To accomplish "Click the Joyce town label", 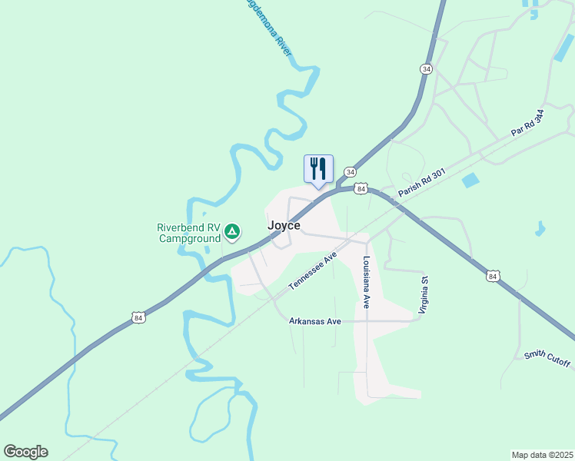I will tap(284, 226).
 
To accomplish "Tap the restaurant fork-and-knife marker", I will tap(318, 168).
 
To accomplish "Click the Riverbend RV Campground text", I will tap(188, 233).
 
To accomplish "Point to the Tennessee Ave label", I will tap(314, 270).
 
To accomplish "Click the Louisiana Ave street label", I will tap(367, 282).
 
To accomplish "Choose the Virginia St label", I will tap(423, 295).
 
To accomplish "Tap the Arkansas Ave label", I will tap(314, 321).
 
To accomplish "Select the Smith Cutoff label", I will tap(548, 359).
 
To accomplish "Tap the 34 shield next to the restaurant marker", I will tap(350, 171).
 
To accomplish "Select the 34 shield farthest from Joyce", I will tap(426, 68).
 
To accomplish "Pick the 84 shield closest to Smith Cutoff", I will tap(493, 274).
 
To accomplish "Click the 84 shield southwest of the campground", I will tap(138, 317).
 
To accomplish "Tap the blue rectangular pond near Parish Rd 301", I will tap(470, 181).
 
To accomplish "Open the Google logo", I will tap(25, 452).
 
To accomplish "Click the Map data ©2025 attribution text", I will tap(542, 454).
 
